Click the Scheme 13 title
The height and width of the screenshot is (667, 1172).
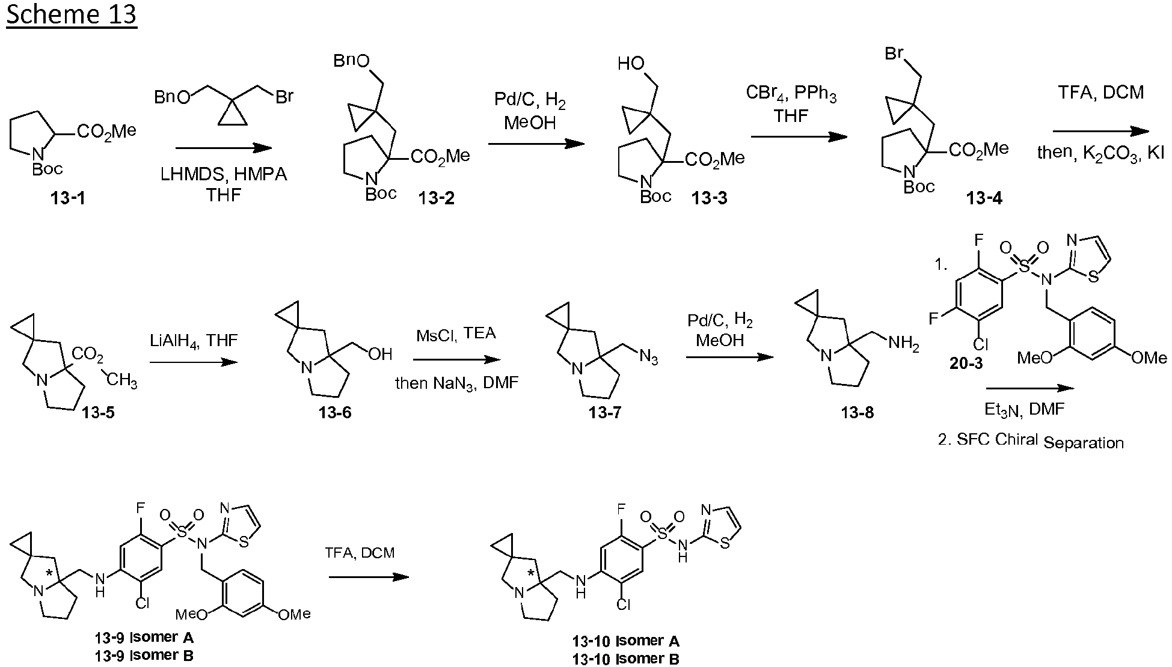(x=72, y=14)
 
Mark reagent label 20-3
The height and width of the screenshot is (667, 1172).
(x=966, y=363)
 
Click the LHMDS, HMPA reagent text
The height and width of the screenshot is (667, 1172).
(x=224, y=175)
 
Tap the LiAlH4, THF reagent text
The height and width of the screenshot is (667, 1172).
(x=194, y=341)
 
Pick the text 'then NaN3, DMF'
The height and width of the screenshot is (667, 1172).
(x=456, y=383)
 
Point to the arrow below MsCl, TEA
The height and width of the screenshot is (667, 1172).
(x=456, y=360)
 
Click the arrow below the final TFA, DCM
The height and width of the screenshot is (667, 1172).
(x=369, y=577)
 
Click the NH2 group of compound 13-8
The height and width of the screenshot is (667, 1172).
(x=903, y=344)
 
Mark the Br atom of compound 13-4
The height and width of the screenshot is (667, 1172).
(x=894, y=54)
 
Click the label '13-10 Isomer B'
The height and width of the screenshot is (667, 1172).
(x=626, y=659)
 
